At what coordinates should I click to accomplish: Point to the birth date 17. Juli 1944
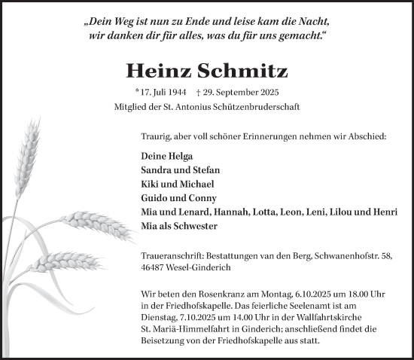(x=160, y=93)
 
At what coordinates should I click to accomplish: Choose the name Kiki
(x=151, y=184)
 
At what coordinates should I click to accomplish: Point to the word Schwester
(x=194, y=226)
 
